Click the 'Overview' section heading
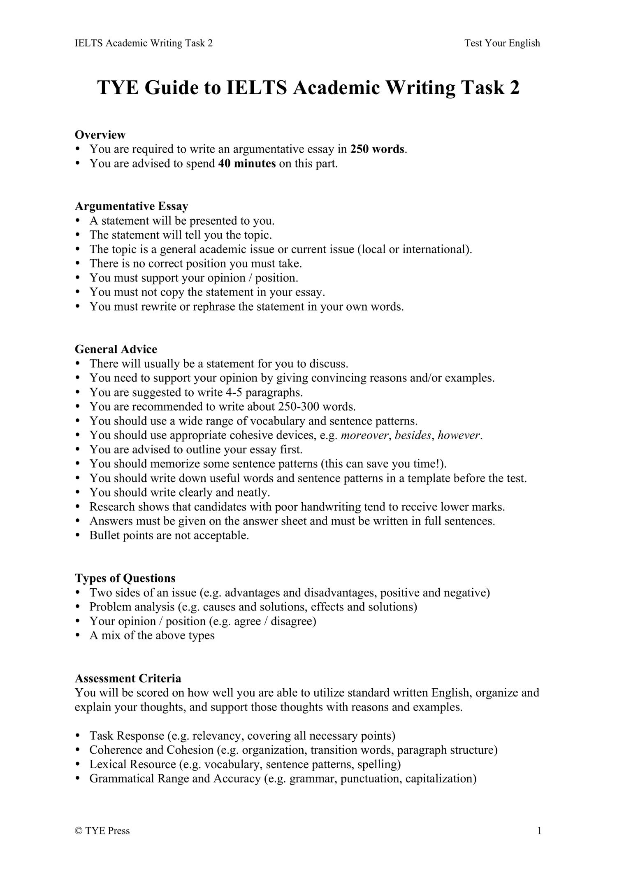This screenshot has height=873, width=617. pos(100,135)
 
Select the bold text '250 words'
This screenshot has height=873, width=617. pos(377,149)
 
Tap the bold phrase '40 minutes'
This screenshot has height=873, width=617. pos(247,163)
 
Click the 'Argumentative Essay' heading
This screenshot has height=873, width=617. pos(131,206)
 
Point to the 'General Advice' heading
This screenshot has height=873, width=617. pos(116,349)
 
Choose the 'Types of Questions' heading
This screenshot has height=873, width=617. pos(125,578)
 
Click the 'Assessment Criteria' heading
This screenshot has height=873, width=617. pos(128,678)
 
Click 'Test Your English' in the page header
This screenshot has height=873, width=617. pos(502,43)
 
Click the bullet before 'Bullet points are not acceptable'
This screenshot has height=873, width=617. pos(78,536)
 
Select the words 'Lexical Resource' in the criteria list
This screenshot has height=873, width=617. pos(132,764)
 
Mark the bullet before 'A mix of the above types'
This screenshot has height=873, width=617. pos(78,636)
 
